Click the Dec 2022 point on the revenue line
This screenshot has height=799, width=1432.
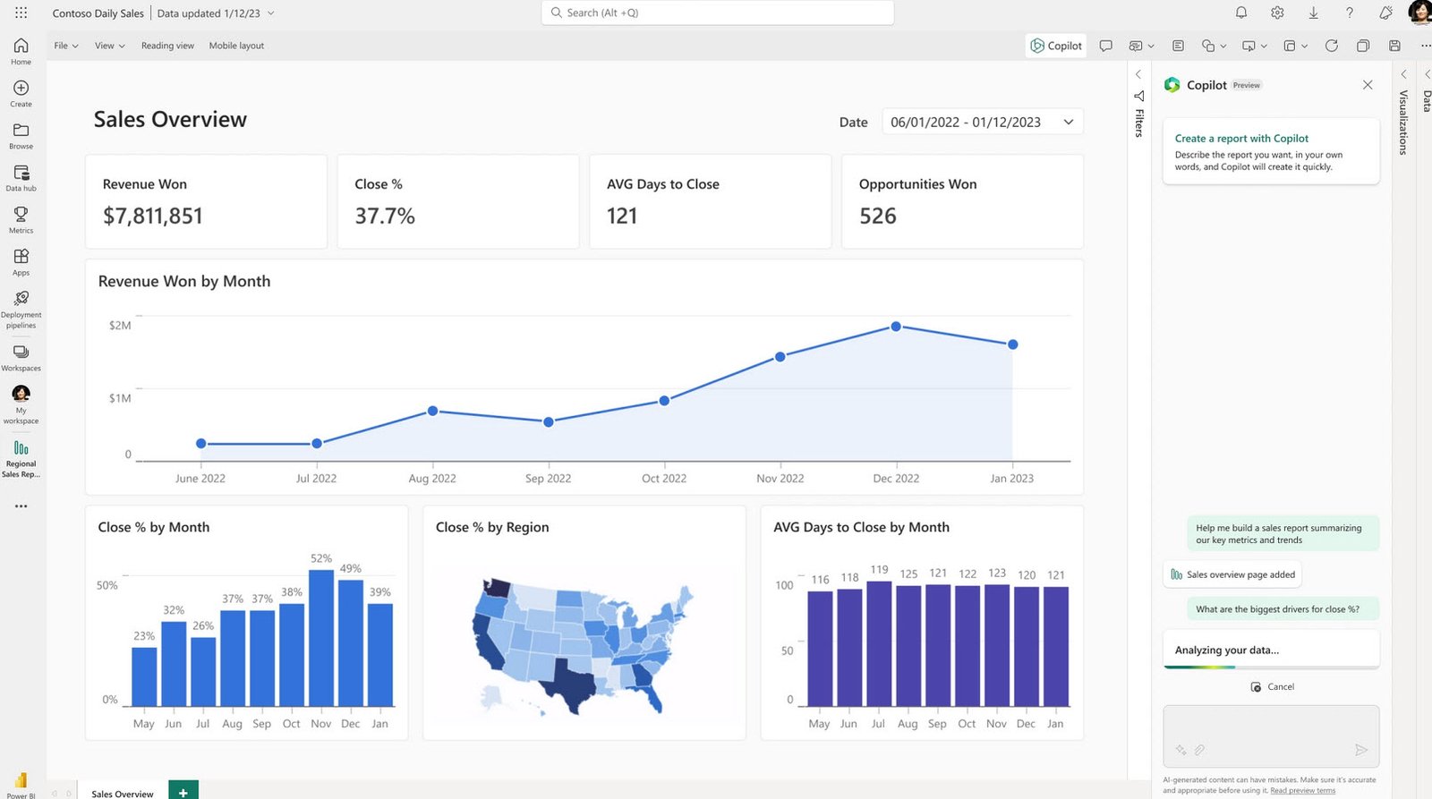pos(896,327)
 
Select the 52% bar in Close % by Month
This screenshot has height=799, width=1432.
pos(320,637)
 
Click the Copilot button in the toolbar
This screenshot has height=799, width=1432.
pos(1056,46)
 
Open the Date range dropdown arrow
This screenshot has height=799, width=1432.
pos(1068,122)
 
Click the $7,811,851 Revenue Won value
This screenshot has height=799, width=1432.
pos(153,216)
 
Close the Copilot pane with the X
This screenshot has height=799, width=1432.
pos(1367,85)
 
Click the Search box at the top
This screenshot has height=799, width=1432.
pos(717,13)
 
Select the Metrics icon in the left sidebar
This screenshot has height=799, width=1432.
pos(21,218)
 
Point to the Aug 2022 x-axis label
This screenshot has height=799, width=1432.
pos(432,479)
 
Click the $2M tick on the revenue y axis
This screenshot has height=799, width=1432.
pos(120,326)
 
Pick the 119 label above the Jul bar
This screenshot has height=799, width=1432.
pos(879,570)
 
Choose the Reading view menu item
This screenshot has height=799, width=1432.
pos(167,46)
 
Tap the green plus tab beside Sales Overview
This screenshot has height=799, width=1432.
pos(183,792)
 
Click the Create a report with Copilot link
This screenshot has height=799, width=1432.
pos(1241,139)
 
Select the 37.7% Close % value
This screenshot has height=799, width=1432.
pos(385,216)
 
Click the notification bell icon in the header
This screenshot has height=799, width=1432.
pos(1241,13)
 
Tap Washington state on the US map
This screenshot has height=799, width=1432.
pos(496,589)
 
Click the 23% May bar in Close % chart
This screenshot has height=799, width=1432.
pos(144,676)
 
